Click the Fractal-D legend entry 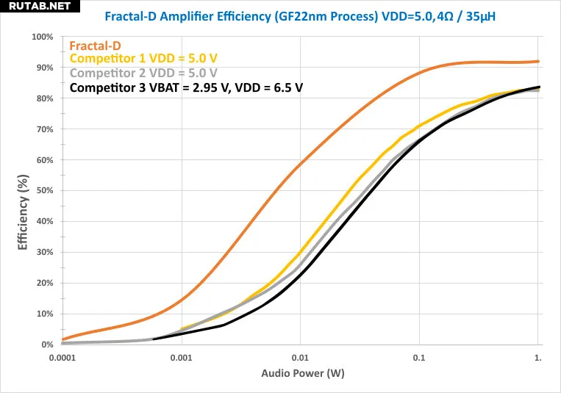pyautogui.click(x=94, y=46)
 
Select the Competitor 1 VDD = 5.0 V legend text pyautogui.click(x=143, y=59)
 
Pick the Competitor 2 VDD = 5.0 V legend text pyautogui.click(x=143, y=73)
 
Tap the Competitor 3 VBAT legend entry pyautogui.click(x=187, y=87)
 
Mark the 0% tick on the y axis pyautogui.click(x=48, y=345)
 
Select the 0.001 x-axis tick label pyautogui.click(x=181, y=358)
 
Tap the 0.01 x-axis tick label pyautogui.click(x=300, y=358)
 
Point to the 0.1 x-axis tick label pyautogui.click(x=419, y=358)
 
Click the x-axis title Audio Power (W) pyautogui.click(x=303, y=373)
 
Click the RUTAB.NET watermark pyautogui.click(x=36, y=7)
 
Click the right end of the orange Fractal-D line pyautogui.click(x=538, y=62)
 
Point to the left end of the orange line pyautogui.click(x=63, y=339)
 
